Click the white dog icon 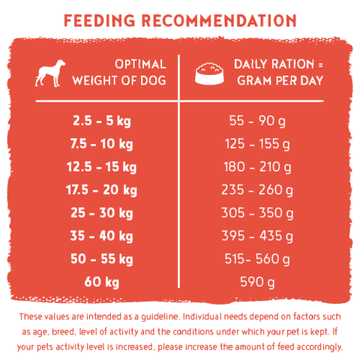tap(50, 73)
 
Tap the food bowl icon tap(209, 73)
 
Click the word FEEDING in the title tap(100, 20)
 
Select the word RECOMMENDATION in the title tap(219, 20)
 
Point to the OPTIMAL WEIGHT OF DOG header tap(119, 73)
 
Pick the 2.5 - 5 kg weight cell tap(102, 121)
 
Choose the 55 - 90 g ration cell tap(257, 121)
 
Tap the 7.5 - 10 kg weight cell tap(101, 144)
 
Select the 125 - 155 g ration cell tap(257, 144)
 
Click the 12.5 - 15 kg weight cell tap(101, 167)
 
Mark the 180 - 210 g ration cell tap(257, 167)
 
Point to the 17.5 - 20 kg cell tap(101, 190)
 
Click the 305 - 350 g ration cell tap(257, 213)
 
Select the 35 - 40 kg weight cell tap(101, 236)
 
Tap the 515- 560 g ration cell tap(257, 259)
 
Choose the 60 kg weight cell tap(102, 282)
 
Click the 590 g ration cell tap(257, 282)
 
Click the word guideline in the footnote tap(160, 317)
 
